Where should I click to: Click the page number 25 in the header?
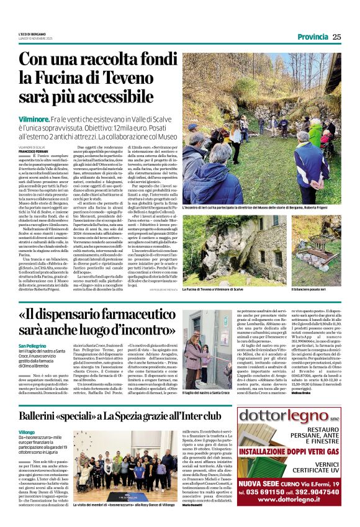[336, 37]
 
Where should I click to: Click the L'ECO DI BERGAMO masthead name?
[33, 34]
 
